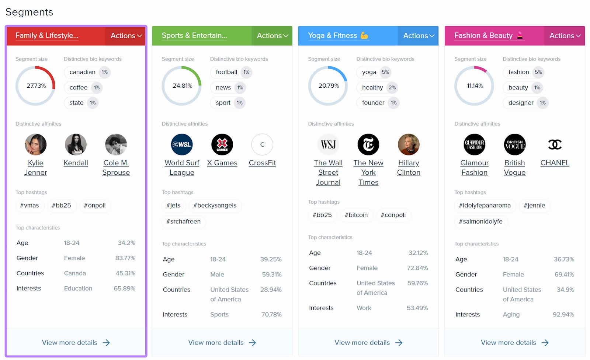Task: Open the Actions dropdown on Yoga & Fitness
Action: (x=418, y=36)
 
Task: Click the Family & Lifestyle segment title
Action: (x=47, y=35)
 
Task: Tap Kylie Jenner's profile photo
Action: (x=36, y=144)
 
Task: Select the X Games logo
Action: (x=222, y=144)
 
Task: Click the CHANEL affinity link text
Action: (x=555, y=163)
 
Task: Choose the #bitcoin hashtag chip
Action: (x=356, y=215)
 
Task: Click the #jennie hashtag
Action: (x=534, y=206)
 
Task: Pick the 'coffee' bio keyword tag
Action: (x=79, y=88)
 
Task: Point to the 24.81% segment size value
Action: (x=182, y=86)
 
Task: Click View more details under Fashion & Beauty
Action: (x=508, y=343)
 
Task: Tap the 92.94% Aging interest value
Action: (x=563, y=315)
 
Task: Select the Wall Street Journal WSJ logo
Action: (x=328, y=144)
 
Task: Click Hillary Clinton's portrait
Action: (x=409, y=144)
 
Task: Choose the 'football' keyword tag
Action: (x=226, y=72)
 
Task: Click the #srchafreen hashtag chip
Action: (x=183, y=222)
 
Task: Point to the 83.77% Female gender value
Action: (x=125, y=258)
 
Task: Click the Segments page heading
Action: (x=29, y=12)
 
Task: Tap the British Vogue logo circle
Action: (x=514, y=144)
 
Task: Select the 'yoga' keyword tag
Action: (x=369, y=72)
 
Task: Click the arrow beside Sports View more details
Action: (x=253, y=343)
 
